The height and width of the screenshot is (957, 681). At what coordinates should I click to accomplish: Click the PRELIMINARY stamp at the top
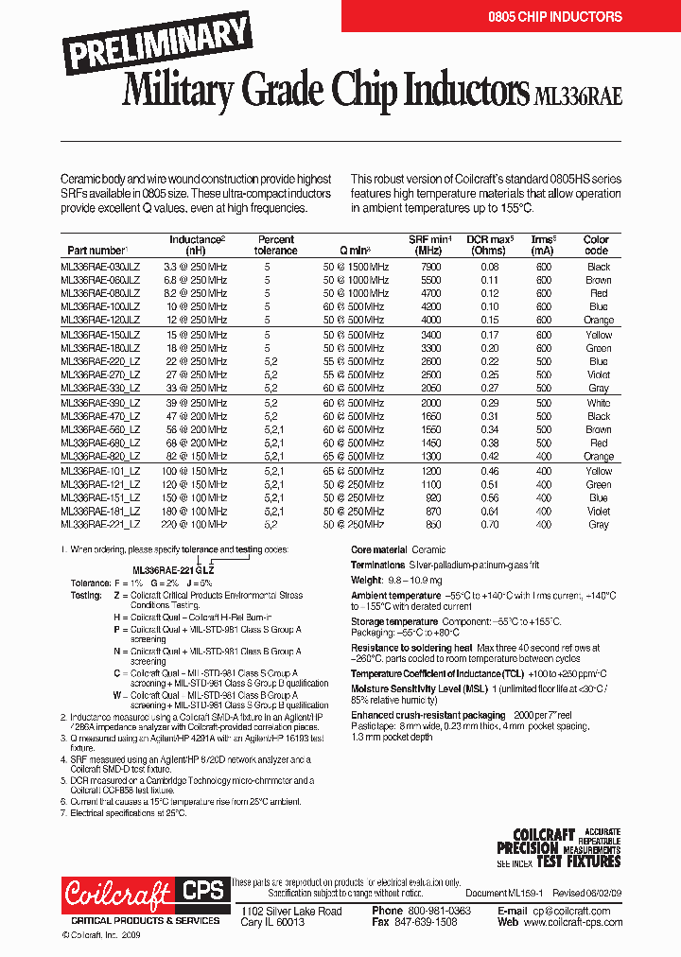(x=158, y=43)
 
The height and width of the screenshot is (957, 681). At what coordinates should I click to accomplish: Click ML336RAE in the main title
(x=578, y=95)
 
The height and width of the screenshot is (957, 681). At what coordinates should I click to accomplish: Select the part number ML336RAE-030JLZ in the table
(x=100, y=267)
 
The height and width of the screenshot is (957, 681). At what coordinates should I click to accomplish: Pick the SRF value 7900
(x=430, y=267)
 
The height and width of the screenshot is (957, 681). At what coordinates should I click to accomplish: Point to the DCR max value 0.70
(x=489, y=524)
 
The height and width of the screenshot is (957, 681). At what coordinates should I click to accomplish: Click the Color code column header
(x=596, y=245)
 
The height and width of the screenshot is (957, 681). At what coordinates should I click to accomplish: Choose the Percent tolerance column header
(x=275, y=245)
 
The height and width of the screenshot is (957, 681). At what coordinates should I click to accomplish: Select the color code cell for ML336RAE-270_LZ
(x=598, y=374)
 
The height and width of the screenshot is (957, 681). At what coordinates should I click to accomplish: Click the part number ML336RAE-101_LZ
(x=100, y=470)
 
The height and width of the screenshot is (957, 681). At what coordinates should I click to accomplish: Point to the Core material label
(x=378, y=549)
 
